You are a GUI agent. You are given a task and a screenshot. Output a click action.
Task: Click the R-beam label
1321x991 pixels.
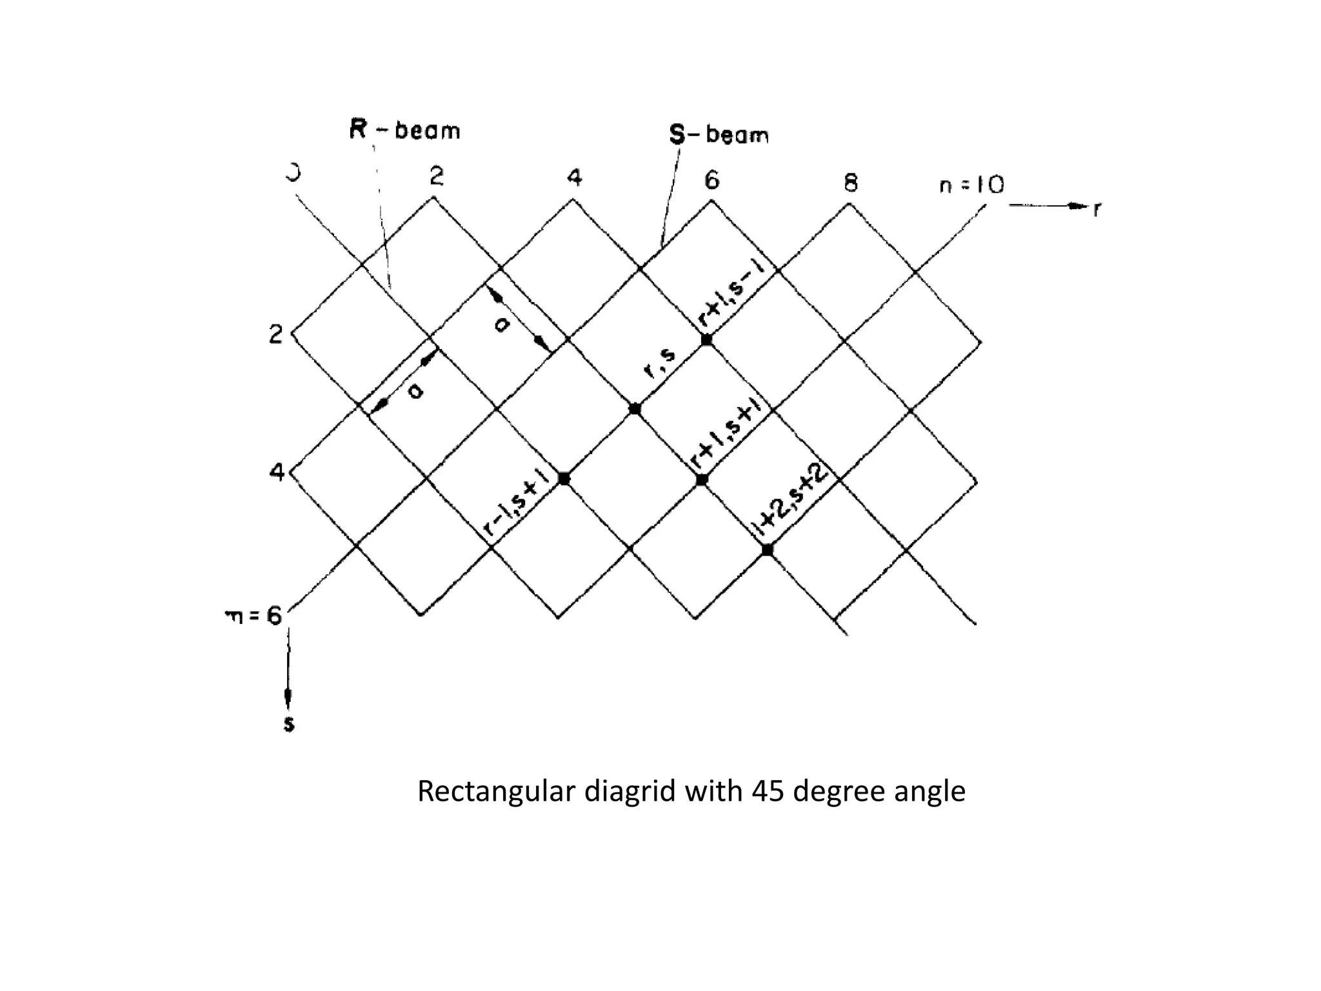click(404, 130)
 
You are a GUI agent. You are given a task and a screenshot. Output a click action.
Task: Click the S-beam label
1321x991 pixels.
click(719, 135)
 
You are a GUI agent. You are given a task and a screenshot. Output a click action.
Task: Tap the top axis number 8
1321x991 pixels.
click(851, 184)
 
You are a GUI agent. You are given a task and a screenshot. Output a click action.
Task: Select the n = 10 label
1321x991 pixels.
click(971, 186)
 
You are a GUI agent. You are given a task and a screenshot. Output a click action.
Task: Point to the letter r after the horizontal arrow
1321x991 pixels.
click(1096, 209)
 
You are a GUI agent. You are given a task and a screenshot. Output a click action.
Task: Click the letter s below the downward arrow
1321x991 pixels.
click(289, 724)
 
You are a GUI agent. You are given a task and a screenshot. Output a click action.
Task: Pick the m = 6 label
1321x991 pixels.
click(253, 617)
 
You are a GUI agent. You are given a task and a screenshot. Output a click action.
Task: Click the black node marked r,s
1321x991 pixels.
click(635, 408)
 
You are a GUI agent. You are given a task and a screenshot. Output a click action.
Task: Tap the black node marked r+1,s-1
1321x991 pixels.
click(706, 339)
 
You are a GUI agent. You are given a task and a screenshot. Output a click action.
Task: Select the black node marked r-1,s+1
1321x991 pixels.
click(564, 479)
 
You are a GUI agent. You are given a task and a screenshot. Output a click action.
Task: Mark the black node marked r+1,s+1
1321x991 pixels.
click(702, 479)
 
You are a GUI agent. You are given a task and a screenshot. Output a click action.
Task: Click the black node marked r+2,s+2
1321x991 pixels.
click(767, 550)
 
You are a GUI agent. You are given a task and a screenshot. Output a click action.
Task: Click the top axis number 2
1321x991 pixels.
click(437, 175)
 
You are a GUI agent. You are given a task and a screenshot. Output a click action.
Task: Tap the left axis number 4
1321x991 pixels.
click(276, 473)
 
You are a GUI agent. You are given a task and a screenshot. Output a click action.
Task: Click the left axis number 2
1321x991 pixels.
click(275, 334)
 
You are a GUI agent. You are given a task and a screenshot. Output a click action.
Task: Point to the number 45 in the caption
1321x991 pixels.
click(768, 791)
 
